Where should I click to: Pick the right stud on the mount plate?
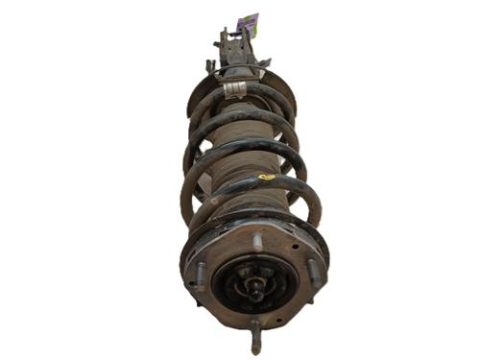point(312,272)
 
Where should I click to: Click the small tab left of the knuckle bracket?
point(209,65)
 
